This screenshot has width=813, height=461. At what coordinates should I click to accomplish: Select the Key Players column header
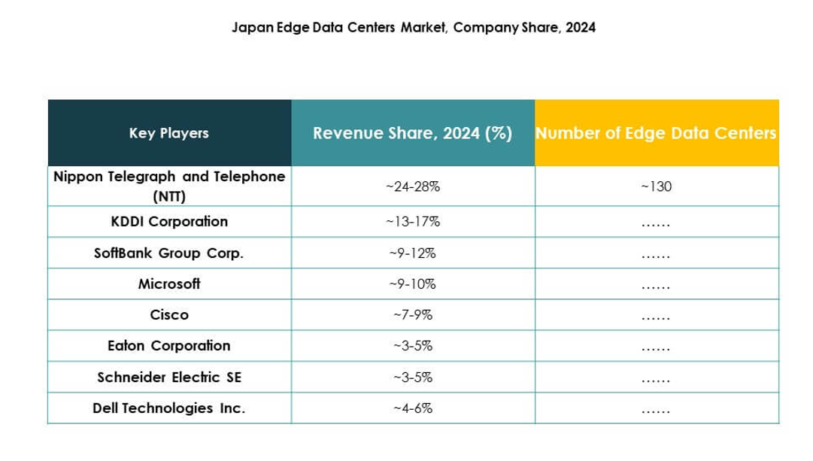[x=169, y=133]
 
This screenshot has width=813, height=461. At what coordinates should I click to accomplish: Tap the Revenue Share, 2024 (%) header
[x=413, y=133]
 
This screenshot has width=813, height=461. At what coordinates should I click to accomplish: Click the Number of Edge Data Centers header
[x=656, y=133]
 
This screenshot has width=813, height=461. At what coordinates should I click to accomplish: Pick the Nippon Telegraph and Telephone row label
[x=169, y=185]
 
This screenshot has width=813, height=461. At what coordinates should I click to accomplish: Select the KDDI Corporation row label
[x=169, y=222]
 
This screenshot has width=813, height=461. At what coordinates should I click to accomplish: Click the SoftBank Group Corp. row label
[x=169, y=253]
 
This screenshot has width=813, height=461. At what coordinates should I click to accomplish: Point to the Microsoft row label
[x=169, y=284]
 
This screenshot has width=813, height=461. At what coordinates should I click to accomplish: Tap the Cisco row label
[x=169, y=315]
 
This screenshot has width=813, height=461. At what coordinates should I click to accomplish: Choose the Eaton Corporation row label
[x=169, y=346]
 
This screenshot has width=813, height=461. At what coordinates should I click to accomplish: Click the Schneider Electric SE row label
[x=169, y=378]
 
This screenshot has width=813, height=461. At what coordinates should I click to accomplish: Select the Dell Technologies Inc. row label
[x=169, y=408]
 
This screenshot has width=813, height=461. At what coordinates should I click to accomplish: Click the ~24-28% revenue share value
[x=413, y=186]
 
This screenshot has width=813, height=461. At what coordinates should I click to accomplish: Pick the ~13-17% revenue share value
[x=413, y=222]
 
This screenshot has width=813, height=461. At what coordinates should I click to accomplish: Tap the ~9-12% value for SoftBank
[x=413, y=253]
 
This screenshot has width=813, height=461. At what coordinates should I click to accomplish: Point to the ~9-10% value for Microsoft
[x=413, y=284]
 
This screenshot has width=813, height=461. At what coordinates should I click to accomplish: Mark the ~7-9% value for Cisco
[x=413, y=315]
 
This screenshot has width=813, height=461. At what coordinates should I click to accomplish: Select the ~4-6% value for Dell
[x=413, y=408]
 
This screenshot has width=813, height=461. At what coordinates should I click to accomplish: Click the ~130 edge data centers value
[x=656, y=186]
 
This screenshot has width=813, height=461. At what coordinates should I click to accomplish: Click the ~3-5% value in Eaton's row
[x=413, y=346]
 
